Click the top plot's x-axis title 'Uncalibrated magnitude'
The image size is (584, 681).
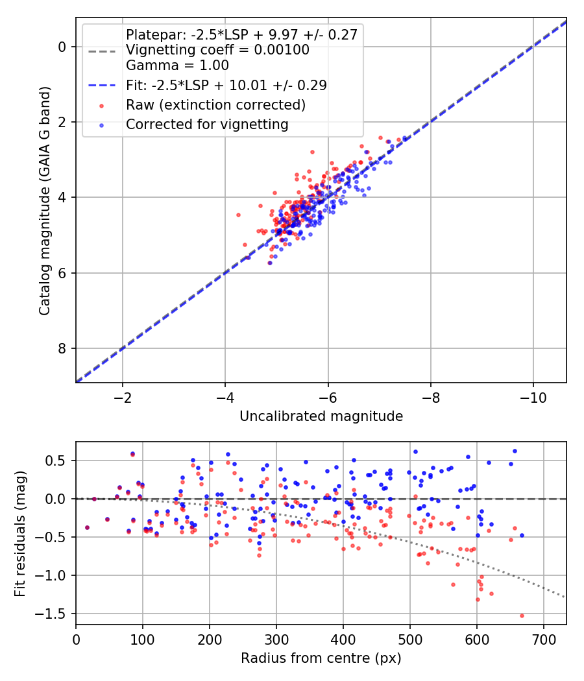click(321, 416)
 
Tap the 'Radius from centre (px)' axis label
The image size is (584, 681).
click(321, 658)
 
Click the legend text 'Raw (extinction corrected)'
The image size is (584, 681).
click(216, 104)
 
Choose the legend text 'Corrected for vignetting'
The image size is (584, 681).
click(207, 124)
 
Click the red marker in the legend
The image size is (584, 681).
click(102, 105)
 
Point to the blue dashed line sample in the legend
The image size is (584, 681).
click(102, 86)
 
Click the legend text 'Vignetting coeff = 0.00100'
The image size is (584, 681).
click(217, 50)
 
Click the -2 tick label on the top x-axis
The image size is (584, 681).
click(123, 397)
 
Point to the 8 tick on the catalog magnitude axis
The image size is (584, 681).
click(62, 349)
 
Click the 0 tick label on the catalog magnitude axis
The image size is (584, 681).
click(62, 47)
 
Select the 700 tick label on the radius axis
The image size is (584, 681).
click(543, 639)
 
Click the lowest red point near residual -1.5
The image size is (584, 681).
click(522, 615)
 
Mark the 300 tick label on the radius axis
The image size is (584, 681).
click(276, 639)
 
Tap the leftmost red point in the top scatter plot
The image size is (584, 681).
click(238, 215)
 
